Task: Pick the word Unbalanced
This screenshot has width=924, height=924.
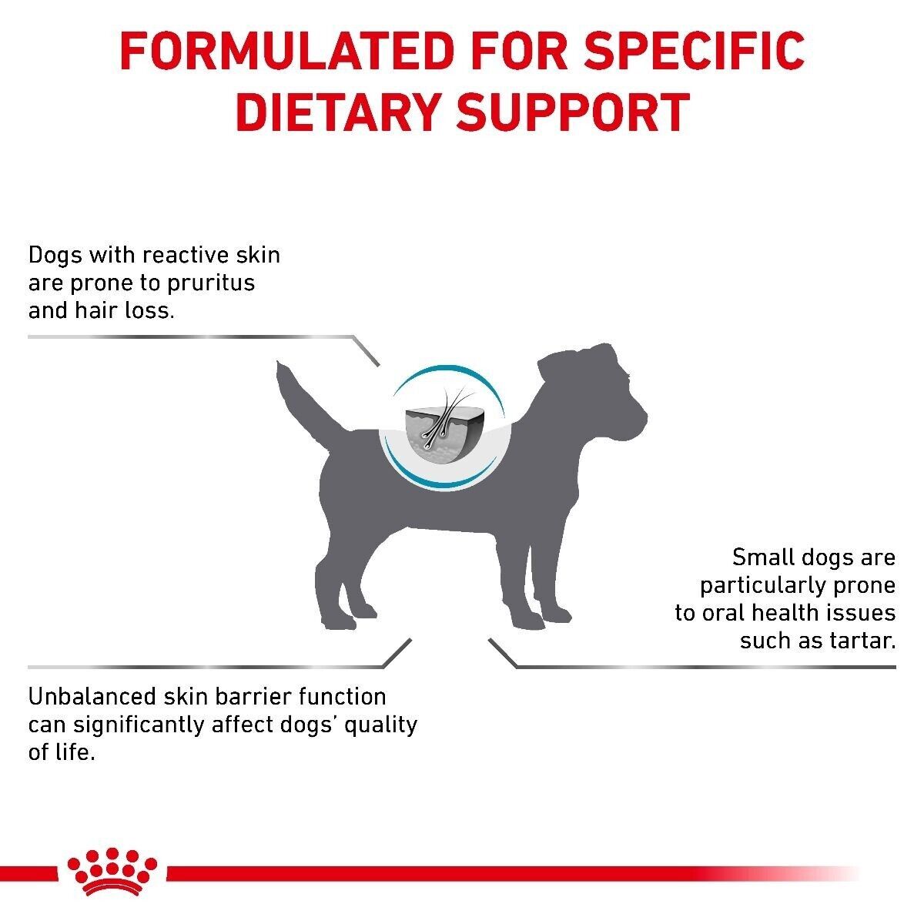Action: pyautogui.click(x=92, y=696)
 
